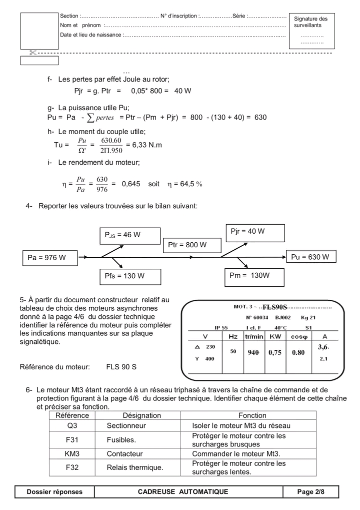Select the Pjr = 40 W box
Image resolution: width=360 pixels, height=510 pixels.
click(x=255, y=232)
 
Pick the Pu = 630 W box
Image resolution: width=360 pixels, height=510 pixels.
click(x=310, y=257)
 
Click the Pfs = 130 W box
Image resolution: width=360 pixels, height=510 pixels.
click(x=129, y=276)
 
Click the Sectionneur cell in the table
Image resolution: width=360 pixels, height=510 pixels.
click(x=126, y=425)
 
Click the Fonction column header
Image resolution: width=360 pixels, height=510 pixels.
click(x=252, y=415)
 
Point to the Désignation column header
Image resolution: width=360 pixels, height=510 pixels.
click(x=141, y=415)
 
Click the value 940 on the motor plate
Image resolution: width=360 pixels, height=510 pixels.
click(x=253, y=352)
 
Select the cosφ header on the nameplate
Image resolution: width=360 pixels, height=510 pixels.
click(x=299, y=337)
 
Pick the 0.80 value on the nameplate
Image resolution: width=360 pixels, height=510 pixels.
click(x=298, y=352)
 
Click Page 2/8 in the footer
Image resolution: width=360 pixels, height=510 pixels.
click(x=310, y=492)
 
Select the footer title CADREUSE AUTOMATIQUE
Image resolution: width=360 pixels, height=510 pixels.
click(x=183, y=492)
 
